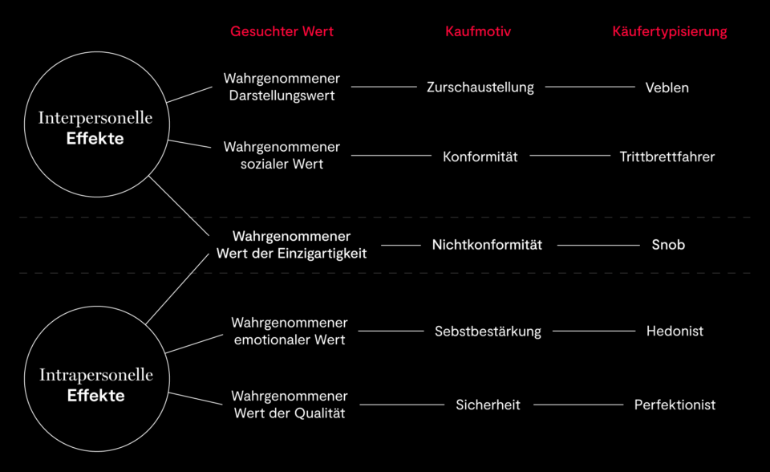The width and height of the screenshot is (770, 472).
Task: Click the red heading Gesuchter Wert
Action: pyautogui.click(x=282, y=32)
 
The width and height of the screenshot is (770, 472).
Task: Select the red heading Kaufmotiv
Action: pyautogui.click(x=478, y=32)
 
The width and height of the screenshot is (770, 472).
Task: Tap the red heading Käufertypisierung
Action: pyautogui.click(x=670, y=32)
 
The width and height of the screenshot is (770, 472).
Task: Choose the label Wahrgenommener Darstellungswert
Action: pyautogui.click(x=282, y=87)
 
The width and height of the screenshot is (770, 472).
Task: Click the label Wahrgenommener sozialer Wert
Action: pyautogui.click(x=282, y=155)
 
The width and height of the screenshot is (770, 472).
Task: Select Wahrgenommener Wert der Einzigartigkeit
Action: pyautogui.click(x=291, y=245)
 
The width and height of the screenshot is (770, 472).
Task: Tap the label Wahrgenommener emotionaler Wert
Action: pyautogui.click(x=290, y=331)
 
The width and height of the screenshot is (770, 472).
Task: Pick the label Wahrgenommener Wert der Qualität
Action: pyautogui.click(x=290, y=405)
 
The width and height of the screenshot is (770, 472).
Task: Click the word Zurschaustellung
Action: pyautogui.click(x=480, y=87)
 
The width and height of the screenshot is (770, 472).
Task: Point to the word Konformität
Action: pyautogui.click(x=480, y=157)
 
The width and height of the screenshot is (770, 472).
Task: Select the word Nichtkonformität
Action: pyautogui.click(x=487, y=245)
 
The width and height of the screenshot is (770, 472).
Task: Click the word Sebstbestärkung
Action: pyautogui.click(x=488, y=331)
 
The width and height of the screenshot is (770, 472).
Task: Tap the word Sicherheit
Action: pyautogui.click(x=488, y=405)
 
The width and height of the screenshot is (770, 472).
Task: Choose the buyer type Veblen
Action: pyautogui.click(x=667, y=87)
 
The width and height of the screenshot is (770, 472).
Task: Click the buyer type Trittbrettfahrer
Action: pyautogui.click(x=667, y=157)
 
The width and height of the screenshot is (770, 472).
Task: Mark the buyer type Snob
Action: pyautogui.click(x=668, y=245)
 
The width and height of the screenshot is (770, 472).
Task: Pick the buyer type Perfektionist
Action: pyautogui.click(x=675, y=405)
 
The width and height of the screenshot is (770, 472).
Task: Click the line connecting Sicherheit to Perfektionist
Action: pyautogui.click(x=577, y=405)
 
